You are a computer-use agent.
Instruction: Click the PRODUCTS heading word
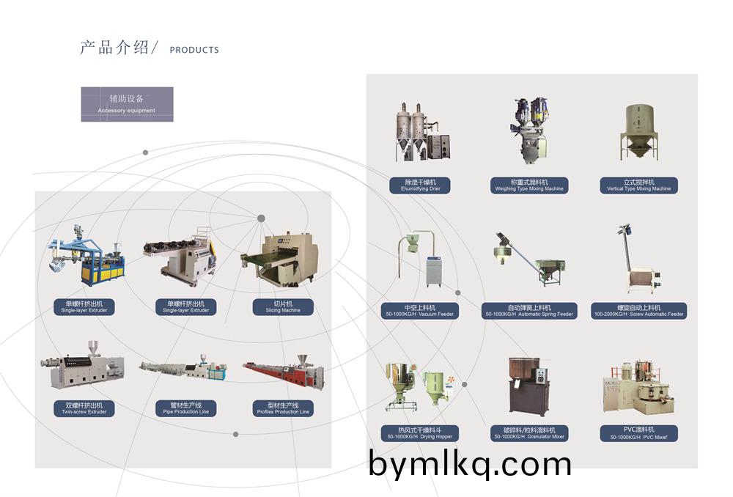[x=194, y=50]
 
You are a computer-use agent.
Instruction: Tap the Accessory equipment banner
[x=127, y=104]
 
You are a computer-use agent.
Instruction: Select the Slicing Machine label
[x=282, y=306]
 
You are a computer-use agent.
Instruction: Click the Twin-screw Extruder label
[x=84, y=408]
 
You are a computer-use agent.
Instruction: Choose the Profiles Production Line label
[x=282, y=408]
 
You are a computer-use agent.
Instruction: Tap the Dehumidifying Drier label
[x=419, y=185]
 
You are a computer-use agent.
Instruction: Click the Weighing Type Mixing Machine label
[x=529, y=185]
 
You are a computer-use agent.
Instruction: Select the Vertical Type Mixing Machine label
[x=638, y=185]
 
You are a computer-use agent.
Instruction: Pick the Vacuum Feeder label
[x=420, y=311]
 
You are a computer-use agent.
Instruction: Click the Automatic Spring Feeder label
[x=529, y=311]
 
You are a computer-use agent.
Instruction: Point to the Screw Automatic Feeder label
[x=639, y=311]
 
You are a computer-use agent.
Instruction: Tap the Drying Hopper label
[x=420, y=433]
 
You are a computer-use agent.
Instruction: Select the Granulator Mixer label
[x=529, y=433]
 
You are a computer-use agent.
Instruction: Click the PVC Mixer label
[x=638, y=433]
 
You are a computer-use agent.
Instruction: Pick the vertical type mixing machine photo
[x=639, y=134]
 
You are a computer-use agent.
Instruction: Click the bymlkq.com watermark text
[x=470, y=464]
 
